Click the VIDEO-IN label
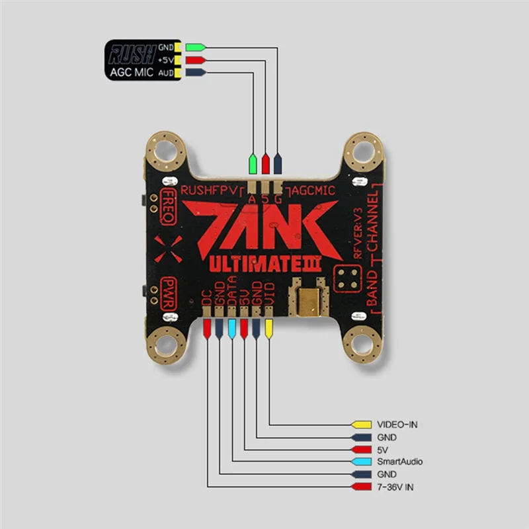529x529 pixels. pos(397,425)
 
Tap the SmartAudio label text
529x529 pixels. pos(399,462)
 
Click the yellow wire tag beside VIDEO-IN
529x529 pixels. pos(361,425)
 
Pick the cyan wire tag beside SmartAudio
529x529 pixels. pos(361,462)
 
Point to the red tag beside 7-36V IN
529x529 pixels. pos(361,487)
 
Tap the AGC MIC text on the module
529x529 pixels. pos(132,71)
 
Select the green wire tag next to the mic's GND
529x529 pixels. pos(195,47)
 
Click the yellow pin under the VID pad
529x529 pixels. pos(268,327)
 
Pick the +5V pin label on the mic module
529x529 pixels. pos(166,60)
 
